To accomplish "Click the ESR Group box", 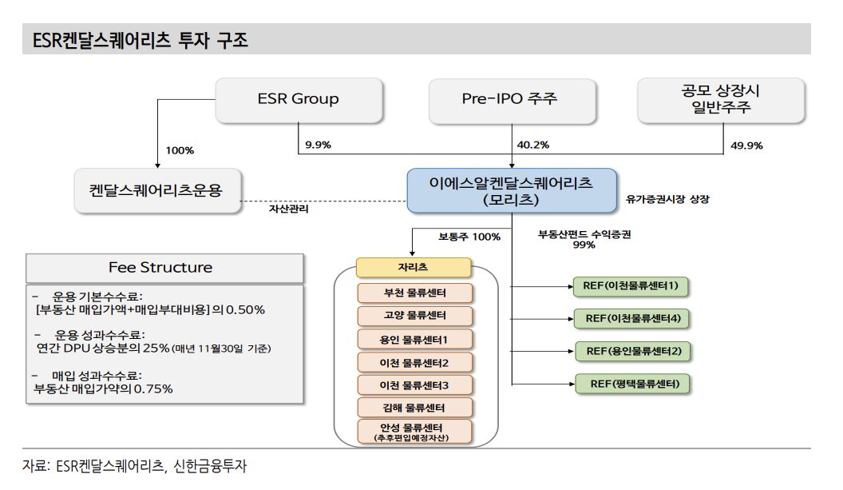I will [x=298, y=99].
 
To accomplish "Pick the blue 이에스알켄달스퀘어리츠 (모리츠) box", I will [x=511, y=190].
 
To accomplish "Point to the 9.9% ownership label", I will [x=318, y=145].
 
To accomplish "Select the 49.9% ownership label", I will [x=747, y=145].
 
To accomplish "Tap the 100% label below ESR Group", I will [x=180, y=150].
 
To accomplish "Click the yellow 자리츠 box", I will [x=414, y=268].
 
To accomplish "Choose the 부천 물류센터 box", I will [x=414, y=293].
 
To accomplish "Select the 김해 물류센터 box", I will [x=414, y=408].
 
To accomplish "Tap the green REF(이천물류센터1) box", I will [x=631, y=285].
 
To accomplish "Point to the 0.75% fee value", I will [x=151, y=389].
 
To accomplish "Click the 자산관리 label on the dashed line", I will [x=287, y=209].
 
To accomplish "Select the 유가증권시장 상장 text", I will [x=667, y=200].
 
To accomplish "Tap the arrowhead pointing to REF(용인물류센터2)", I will [x=571, y=351].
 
